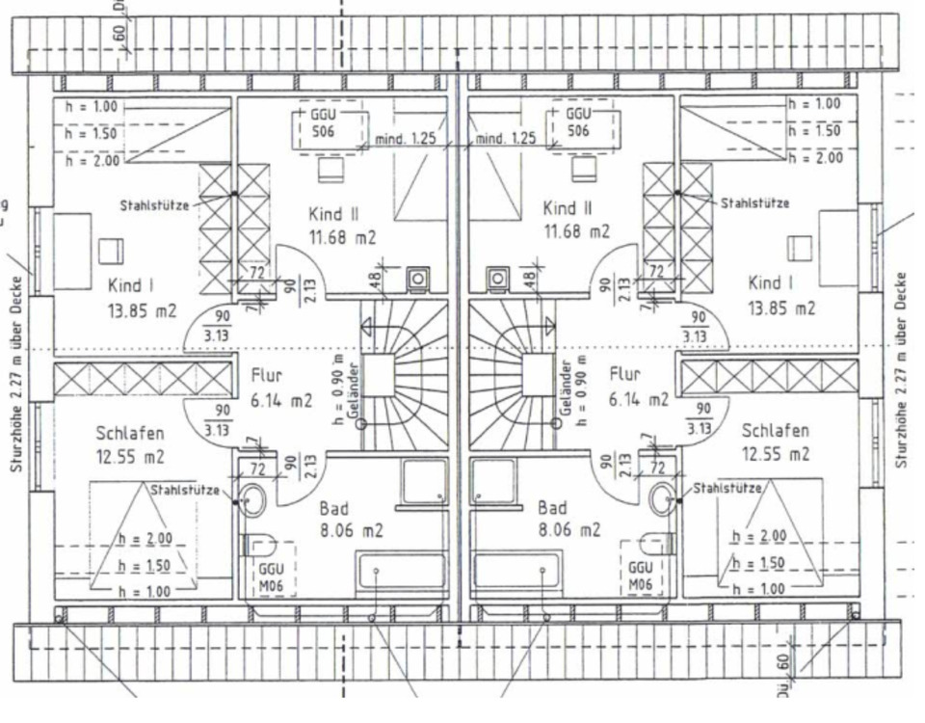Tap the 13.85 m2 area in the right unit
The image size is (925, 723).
coord(781,308)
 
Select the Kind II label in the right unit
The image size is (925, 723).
coord(567,208)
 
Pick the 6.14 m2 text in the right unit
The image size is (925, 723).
coord(637,398)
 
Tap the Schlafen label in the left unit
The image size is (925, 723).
coord(129,433)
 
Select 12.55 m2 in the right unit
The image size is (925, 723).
coord(776,454)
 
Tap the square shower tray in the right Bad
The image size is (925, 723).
coord(492,481)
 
